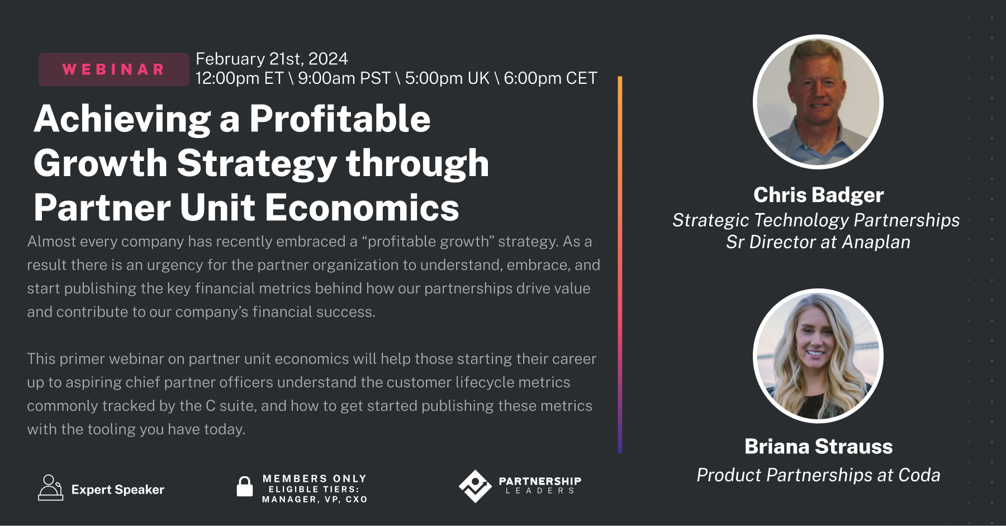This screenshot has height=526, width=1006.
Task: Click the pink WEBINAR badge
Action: click(113, 69)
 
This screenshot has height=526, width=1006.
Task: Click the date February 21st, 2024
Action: click(272, 59)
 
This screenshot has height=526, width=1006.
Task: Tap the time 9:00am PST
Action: click(344, 78)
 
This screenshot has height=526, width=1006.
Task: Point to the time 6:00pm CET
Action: click(550, 78)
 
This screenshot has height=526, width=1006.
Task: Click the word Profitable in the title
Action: click(340, 119)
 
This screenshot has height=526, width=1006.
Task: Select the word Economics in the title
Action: click(362, 208)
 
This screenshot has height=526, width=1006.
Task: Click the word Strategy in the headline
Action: click(257, 163)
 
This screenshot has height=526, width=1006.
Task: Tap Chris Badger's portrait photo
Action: click(818, 102)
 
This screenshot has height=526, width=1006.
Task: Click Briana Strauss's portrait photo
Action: click(818, 356)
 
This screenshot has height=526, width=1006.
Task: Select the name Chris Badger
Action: click(818, 195)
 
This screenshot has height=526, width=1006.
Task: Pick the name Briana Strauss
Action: click(818, 447)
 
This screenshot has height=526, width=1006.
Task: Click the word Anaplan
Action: click(876, 242)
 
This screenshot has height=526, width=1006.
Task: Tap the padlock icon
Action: click(244, 486)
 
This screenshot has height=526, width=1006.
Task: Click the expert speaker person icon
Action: click(50, 487)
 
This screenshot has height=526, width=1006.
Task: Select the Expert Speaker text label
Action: click(118, 490)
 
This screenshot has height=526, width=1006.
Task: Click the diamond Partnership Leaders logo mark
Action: click(475, 486)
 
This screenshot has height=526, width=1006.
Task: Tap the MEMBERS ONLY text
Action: click(315, 478)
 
